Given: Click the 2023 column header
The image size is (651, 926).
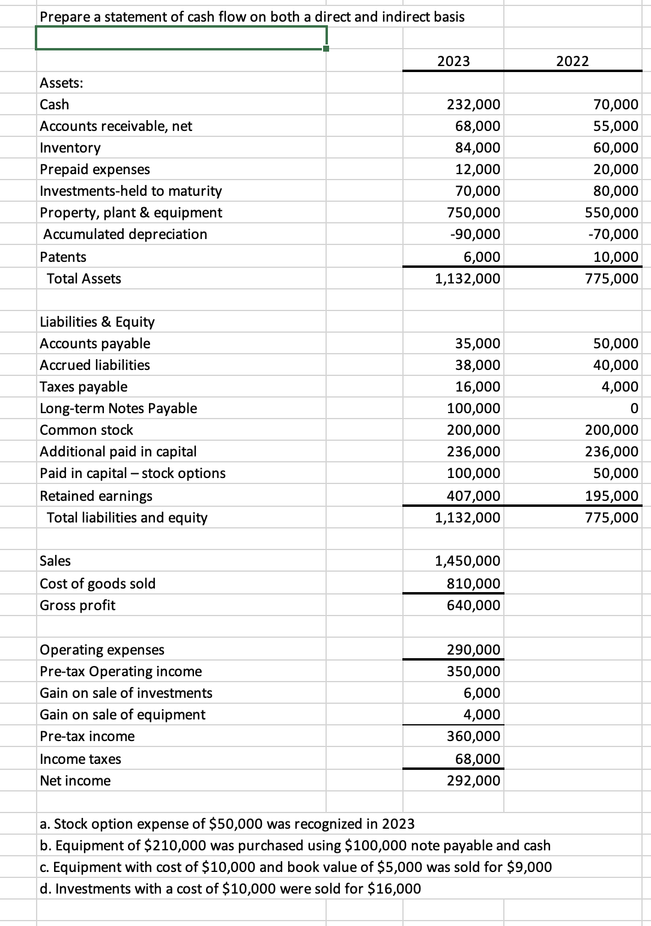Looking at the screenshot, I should click(453, 61).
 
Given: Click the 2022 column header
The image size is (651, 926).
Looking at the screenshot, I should click(572, 61).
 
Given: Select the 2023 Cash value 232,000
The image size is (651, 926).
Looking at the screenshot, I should click(474, 104).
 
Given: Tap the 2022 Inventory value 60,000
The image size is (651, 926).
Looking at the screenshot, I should click(616, 148).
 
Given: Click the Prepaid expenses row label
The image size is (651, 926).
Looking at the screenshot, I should click(95, 169).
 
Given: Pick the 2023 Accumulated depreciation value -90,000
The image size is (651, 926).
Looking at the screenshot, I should click(474, 234).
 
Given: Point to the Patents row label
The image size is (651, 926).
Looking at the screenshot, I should click(63, 257).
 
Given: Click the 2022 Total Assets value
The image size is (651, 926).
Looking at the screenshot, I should click(612, 279).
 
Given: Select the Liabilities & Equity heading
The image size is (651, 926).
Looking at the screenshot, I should click(97, 322).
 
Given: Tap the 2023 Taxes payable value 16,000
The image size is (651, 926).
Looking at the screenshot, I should click(477, 387).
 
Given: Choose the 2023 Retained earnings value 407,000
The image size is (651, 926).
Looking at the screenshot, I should click(473, 496).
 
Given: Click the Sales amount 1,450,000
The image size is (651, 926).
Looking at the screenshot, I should click(467, 561).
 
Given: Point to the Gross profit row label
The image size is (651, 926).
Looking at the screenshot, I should click(77, 605).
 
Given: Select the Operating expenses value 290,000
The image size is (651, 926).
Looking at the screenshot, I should click(473, 650).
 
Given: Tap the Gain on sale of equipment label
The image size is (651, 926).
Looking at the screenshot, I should click(123, 715).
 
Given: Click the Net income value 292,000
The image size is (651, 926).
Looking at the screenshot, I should click(473, 781).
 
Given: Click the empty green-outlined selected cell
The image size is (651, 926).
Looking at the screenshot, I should click(180, 39).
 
